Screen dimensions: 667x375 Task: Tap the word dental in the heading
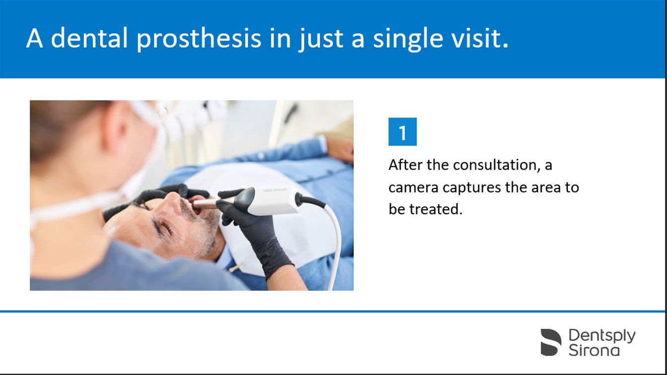click(89, 38)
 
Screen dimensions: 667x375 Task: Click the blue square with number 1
click(402, 131)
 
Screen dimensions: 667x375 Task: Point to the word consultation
click(496, 165)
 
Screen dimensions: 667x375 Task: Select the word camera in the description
click(413, 188)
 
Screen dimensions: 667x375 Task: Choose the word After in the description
click(405, 165)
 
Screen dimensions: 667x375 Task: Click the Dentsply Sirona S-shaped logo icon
click(551, 342)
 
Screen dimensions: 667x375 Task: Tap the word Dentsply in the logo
click(602, 336)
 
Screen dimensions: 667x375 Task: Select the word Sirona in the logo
click(594, 350)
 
